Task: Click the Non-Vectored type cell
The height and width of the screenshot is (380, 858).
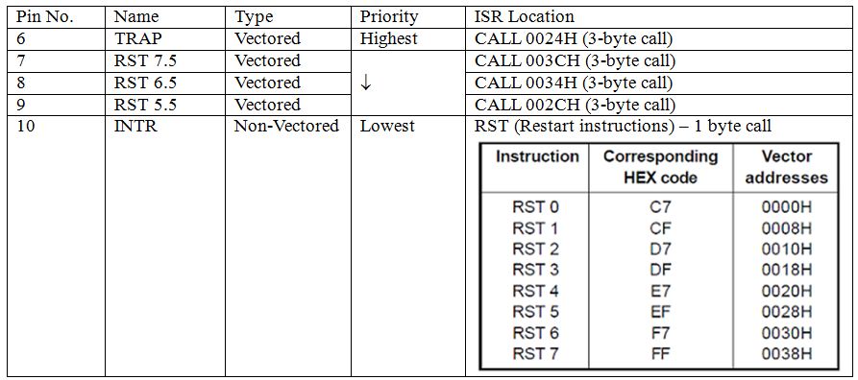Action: coord(286,126)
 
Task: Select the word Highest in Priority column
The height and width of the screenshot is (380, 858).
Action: coord(388,38)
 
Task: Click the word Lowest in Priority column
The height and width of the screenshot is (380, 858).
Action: coord(387,126)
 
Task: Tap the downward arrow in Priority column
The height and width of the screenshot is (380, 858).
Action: coord(365,83)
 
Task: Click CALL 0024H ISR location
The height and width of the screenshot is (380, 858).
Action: coord(574,38)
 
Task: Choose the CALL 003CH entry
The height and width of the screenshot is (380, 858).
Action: coord(575,60)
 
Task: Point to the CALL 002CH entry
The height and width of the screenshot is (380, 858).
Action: coord(575,105)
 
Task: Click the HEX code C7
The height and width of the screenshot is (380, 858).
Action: coord(660,207)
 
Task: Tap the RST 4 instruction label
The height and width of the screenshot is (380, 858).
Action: coord(535,291)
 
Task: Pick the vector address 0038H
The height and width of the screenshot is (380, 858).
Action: coord(786,354)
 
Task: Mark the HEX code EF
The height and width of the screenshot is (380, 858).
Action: coord(660,312)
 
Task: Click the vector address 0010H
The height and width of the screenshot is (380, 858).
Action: coord(786,249)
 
